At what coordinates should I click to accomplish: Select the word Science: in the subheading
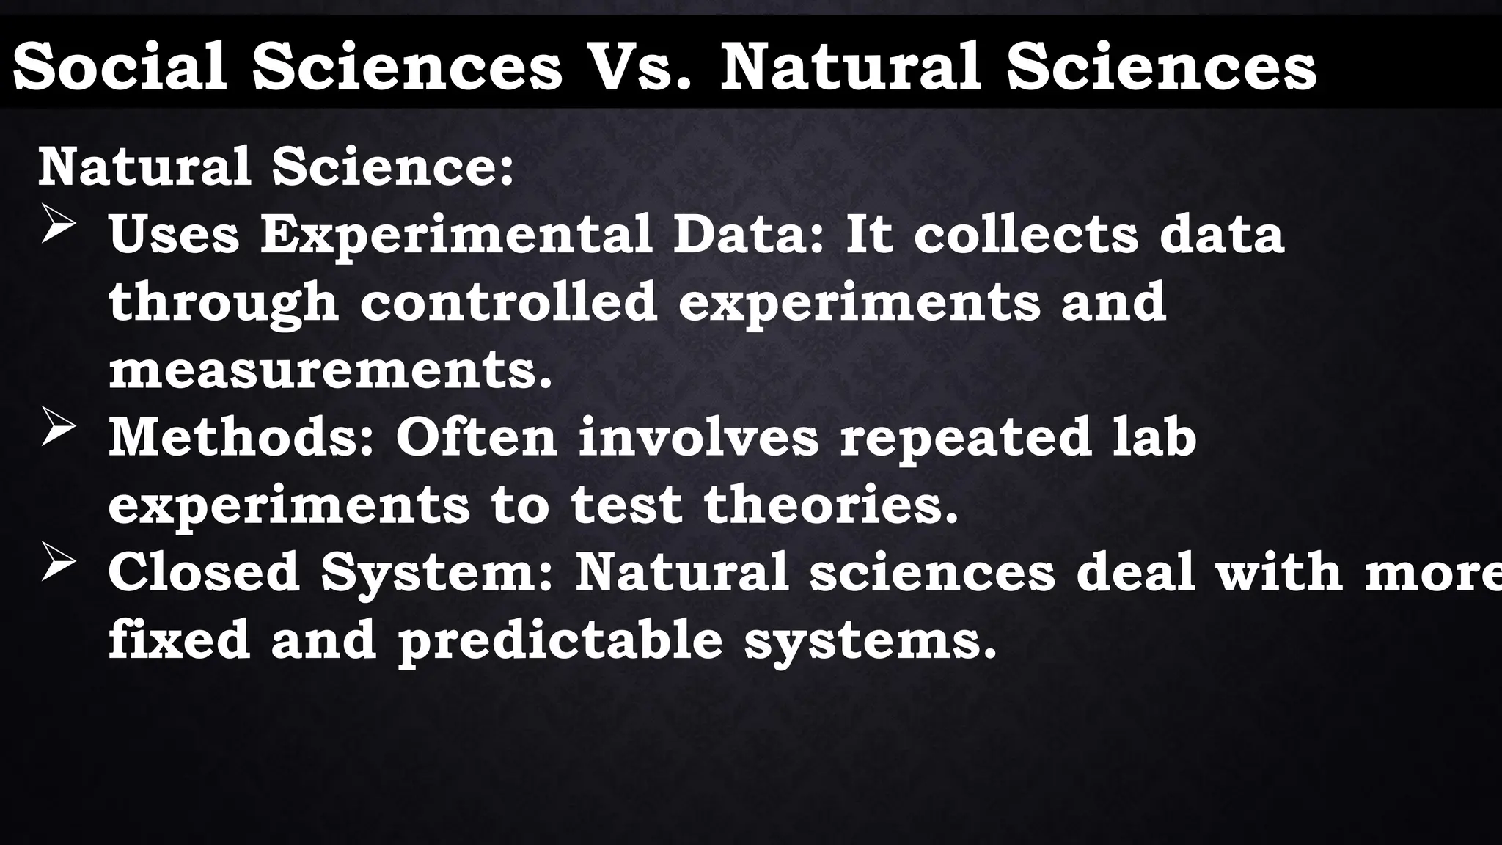392,167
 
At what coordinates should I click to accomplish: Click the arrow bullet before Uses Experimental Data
59,224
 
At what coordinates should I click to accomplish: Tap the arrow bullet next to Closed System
59,563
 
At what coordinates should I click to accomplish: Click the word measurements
330,370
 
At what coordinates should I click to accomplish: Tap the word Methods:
242,437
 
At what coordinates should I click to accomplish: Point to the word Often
477,437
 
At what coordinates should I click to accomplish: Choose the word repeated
965,439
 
